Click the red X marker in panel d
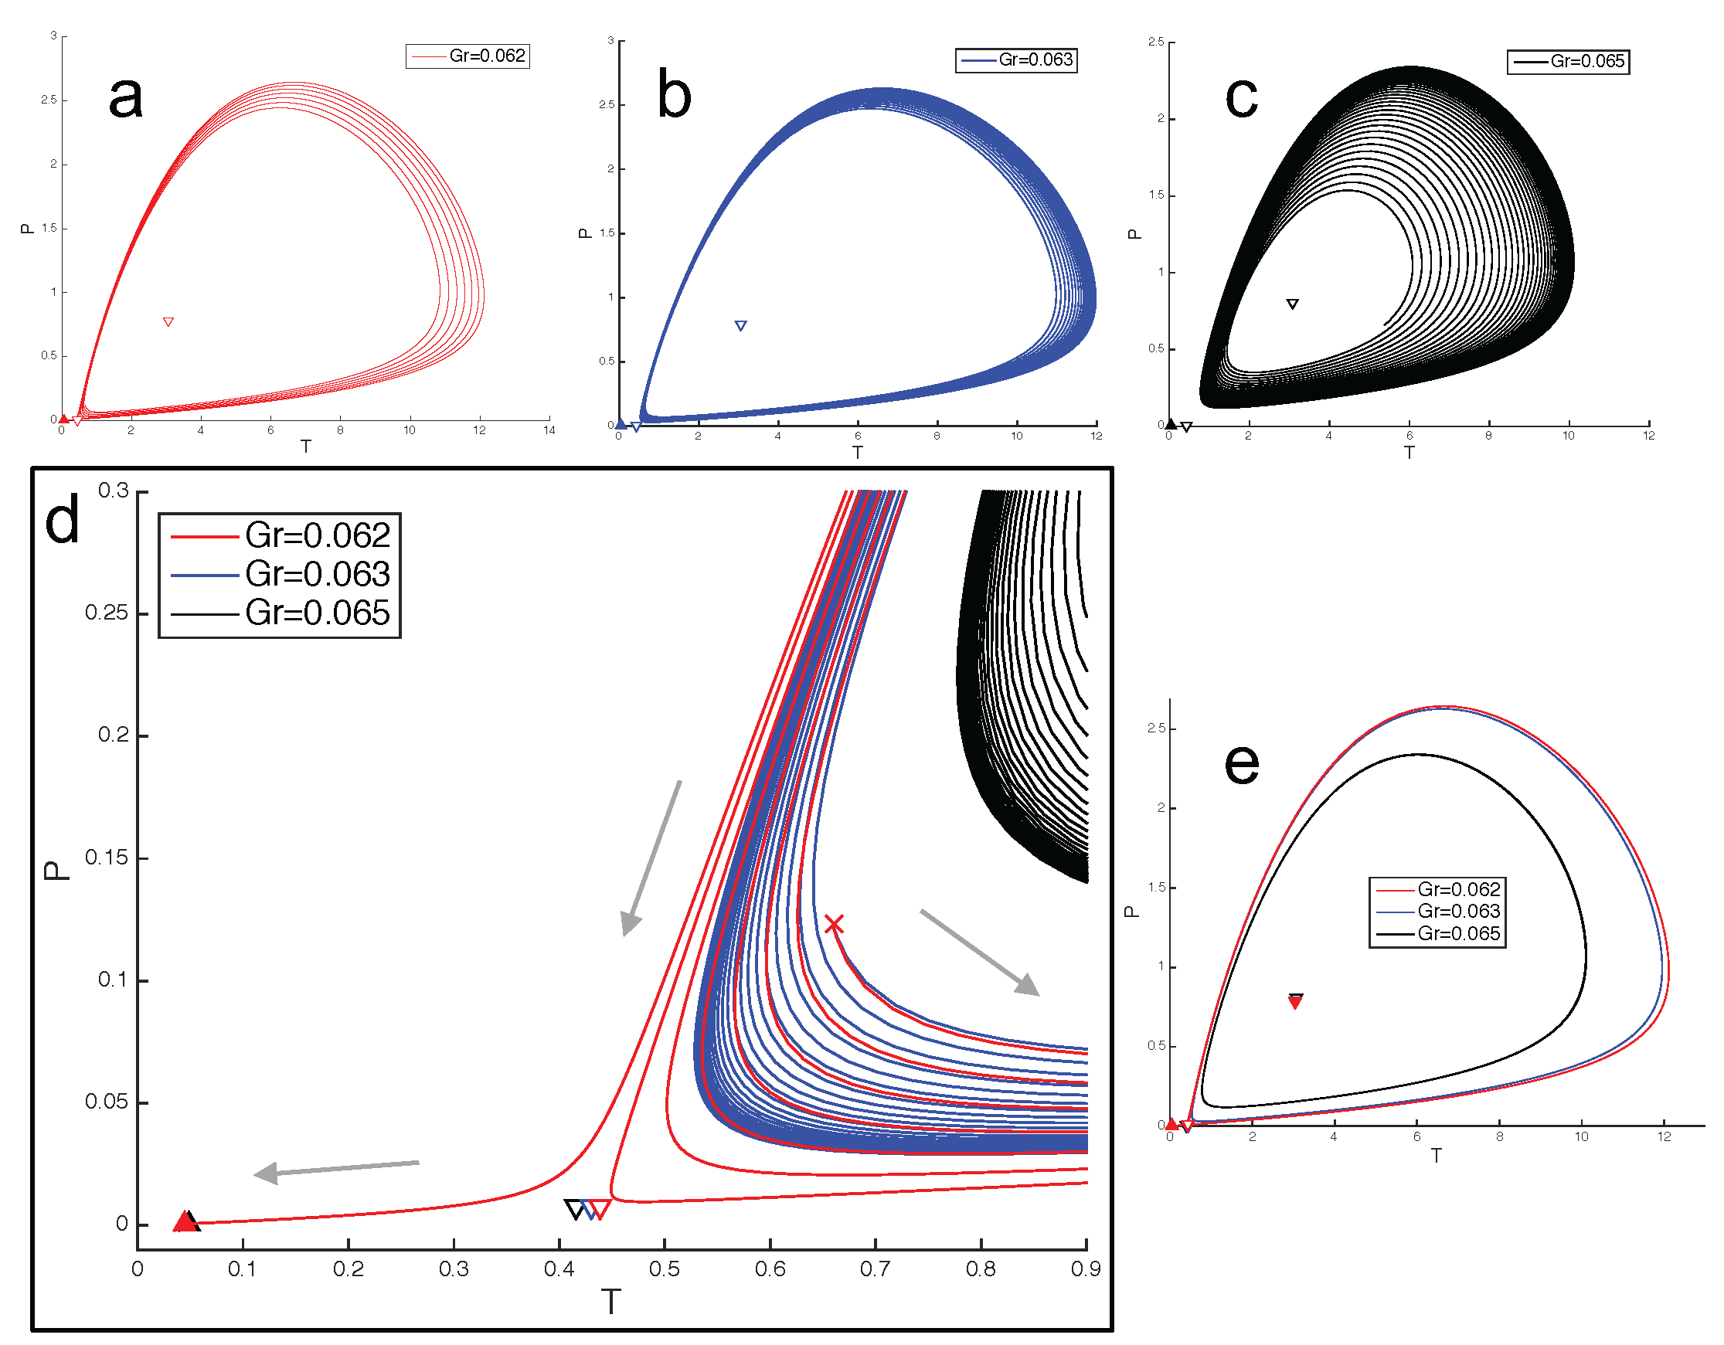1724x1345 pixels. tap(834, 923)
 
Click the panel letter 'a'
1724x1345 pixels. tap(125, 97)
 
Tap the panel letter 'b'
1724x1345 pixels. tap(673, 96)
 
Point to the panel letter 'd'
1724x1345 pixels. tap(63, 519)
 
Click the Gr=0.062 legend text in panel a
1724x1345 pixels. tap(487, 56)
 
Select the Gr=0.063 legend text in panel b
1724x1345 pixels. tap(1035, 60)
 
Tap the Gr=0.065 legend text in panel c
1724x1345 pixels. tap(1586, 62)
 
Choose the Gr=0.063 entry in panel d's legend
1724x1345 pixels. tap(318, 575)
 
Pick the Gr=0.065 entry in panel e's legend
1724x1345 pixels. tap(1458, 934)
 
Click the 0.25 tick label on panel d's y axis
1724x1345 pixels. tap(107, 613)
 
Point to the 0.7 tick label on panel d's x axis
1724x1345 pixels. tap(875, 1269)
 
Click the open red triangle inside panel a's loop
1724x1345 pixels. tap(168, 322)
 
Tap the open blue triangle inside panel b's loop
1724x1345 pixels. tap(740, 326)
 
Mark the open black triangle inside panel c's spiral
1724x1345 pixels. tap(1292, 304)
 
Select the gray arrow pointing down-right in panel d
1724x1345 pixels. tap(980, 952)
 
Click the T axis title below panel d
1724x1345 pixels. tap(611, 1302)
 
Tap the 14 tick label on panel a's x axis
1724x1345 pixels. tap(549, 430)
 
